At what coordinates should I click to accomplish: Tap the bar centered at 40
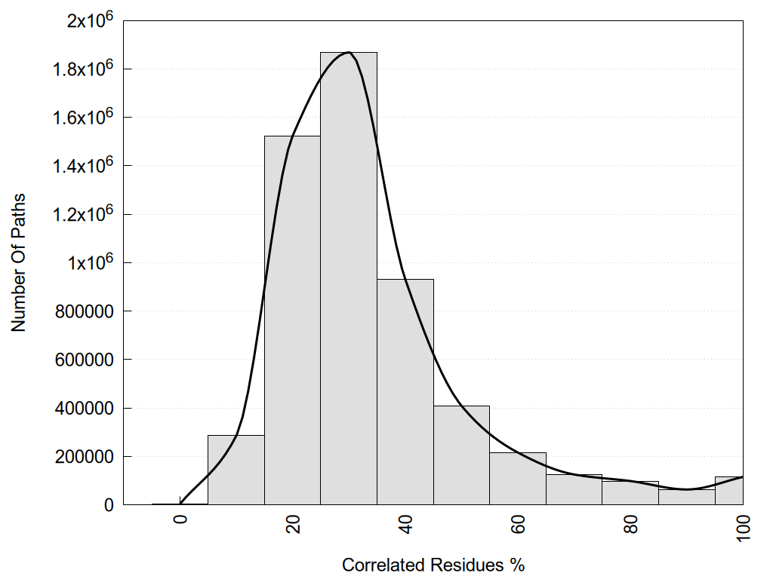click(405, 392)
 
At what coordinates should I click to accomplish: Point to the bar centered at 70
click(574, 490)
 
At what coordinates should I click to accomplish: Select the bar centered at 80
click(630, 493)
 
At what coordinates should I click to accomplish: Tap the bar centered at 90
click(686, 497)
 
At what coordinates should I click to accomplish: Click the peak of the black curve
click(348, 52)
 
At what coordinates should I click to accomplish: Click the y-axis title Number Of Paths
click(19, 262)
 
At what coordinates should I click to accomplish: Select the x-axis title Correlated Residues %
click(433, 565)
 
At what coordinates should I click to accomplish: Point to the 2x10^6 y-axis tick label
click(89, 20)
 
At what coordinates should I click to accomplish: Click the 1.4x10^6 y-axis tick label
click(84, 166)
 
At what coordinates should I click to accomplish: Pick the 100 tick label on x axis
click(743, 525)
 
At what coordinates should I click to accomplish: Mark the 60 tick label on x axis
click(518, 522)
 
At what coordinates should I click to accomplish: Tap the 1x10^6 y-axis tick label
click(89, 262)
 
